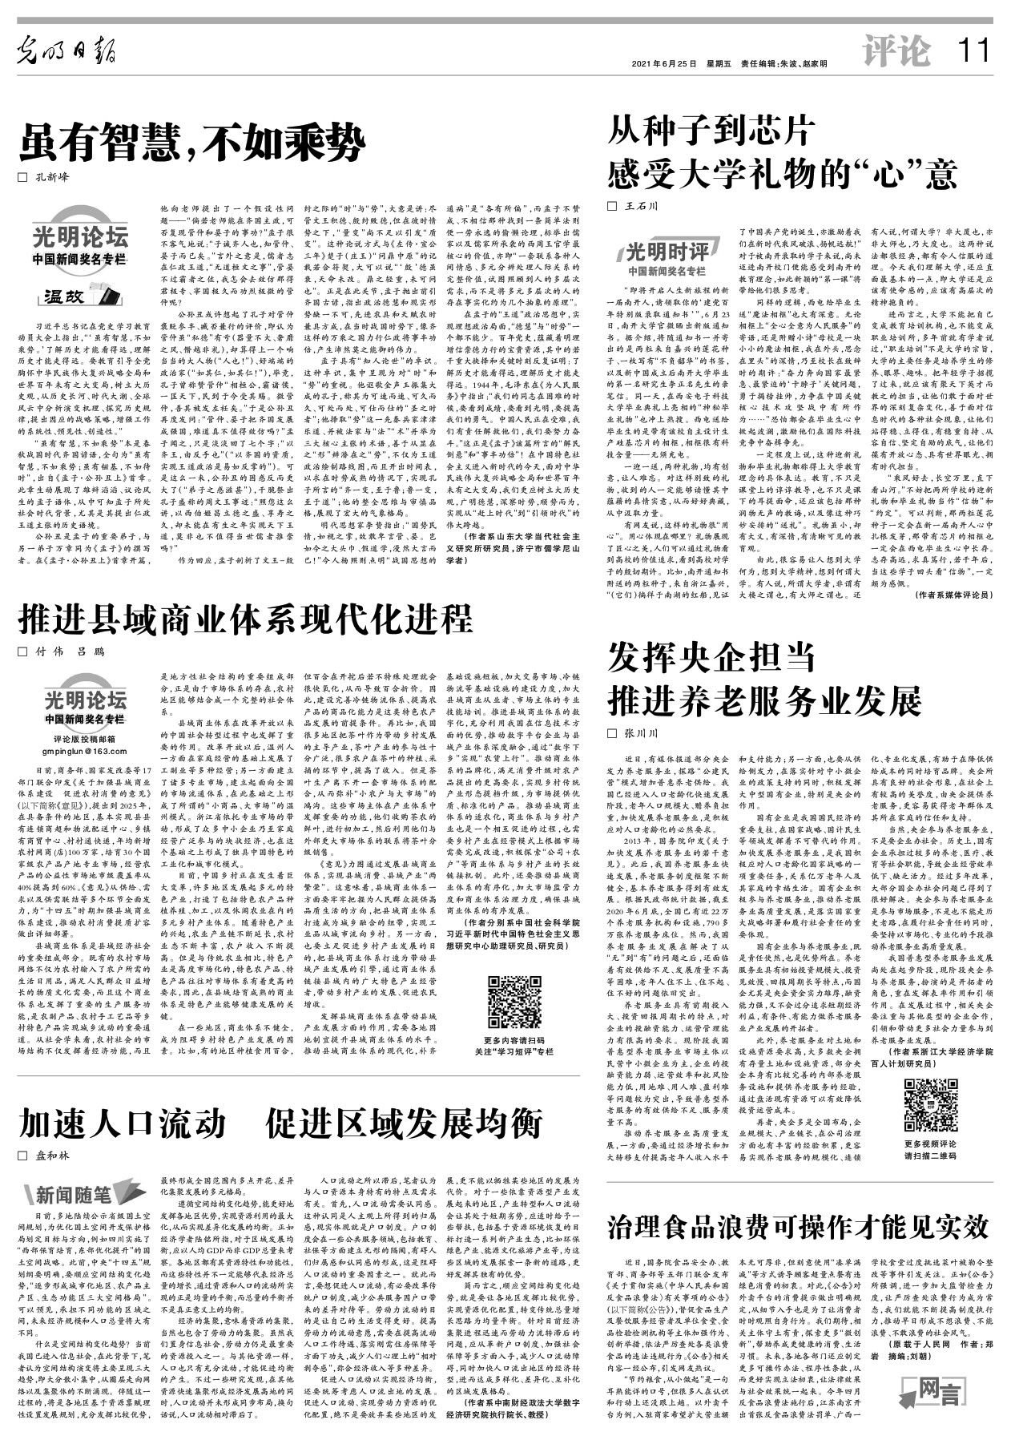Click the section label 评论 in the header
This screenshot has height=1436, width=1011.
coord(898,52)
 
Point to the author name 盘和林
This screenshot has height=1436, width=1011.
coord(51,1156)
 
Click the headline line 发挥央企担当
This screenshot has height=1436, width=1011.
coord(711,658)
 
